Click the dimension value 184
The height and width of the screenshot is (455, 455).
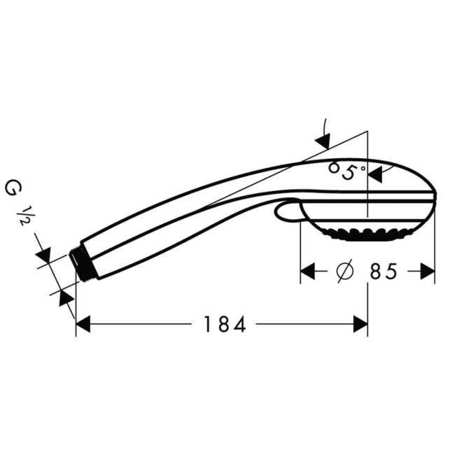click(x=225, y=324)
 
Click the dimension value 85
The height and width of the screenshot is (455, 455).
click(x=384, y=272)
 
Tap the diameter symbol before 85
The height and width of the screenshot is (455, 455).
click(x=344, y=272)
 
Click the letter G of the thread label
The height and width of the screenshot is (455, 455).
click(x=12, y=188)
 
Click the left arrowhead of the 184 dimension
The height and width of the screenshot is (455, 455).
click(x=83, y=324)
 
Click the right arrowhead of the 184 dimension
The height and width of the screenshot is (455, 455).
click(x=360, y=324)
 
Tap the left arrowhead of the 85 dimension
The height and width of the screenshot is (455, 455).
click(x=307, y=272)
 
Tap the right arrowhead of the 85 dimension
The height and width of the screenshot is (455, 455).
click(x=427, y=272)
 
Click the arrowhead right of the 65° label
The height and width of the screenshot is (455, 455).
click(x=375, y=173)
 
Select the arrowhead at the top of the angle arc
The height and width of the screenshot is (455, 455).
click(x=323, y=141)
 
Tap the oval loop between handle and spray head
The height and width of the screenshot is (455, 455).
click(x=288, y=212)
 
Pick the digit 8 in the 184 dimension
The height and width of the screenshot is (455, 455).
click(x=224, y=324)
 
